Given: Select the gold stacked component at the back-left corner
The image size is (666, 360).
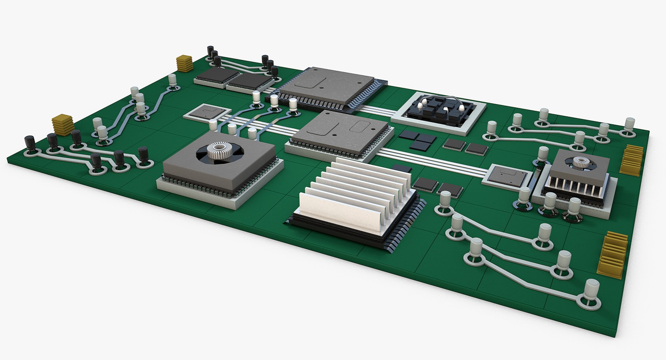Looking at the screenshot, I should (x=184, y=63).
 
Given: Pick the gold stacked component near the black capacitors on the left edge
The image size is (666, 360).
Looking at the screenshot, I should (x=63, y=124).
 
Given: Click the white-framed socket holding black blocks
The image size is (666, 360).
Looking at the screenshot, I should (x=440, y=112).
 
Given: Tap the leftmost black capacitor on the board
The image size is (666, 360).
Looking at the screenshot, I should (x=29, y=143).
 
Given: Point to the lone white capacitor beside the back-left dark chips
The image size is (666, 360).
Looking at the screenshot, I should (x=172, y=80).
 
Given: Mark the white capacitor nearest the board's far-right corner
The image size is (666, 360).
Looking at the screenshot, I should (x=630, y=125).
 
